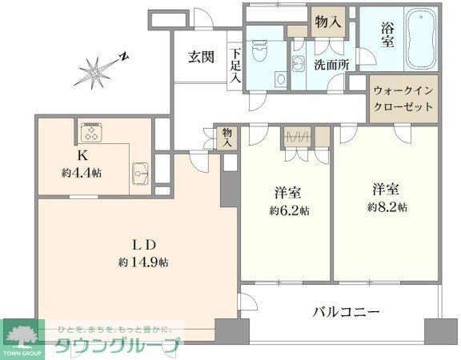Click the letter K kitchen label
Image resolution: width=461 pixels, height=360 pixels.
click(82, 155)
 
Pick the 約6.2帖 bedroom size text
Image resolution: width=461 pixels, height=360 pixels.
click(286, 210)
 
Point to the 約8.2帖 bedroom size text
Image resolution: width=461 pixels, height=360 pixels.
click(387, 206)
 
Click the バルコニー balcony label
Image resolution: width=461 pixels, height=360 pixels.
click(346, 311)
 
